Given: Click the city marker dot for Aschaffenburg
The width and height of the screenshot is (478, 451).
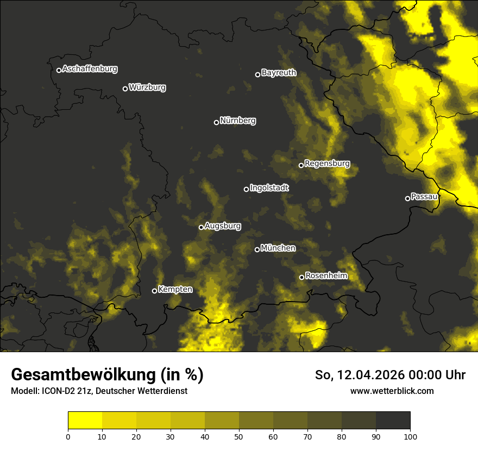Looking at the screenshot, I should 59,70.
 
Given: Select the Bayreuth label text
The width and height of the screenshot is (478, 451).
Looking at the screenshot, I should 279,73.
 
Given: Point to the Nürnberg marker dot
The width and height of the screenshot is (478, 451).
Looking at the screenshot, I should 216,122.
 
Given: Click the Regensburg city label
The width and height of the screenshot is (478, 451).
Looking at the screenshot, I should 327,164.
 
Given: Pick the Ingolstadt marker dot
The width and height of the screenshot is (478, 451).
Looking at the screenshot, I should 246,189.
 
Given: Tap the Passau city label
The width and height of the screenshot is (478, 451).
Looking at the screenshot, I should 424,197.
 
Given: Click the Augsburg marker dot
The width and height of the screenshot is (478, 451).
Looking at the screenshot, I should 201,227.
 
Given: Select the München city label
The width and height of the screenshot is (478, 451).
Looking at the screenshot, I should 278,248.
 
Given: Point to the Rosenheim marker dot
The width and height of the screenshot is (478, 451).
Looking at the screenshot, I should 301,277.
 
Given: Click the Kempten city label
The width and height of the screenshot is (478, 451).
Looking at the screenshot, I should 175,290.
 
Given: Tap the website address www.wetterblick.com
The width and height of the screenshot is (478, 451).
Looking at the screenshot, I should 392,391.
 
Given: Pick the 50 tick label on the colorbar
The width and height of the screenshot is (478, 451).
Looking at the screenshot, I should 239,436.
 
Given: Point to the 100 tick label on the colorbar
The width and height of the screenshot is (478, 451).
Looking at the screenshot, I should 410,436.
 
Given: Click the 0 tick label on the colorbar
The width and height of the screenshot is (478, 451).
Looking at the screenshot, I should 68,436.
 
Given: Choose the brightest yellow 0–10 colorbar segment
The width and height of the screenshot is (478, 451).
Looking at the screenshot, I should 85,421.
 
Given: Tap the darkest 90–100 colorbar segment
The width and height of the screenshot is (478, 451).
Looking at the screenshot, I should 393,421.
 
